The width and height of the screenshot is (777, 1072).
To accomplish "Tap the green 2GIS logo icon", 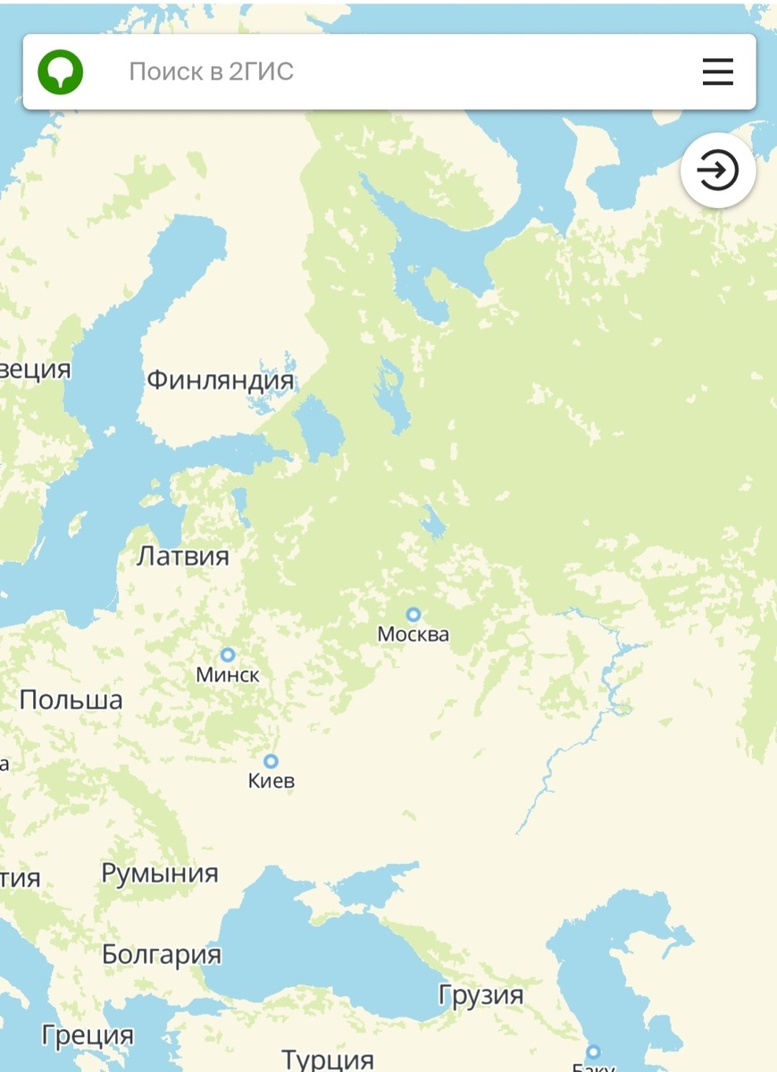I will click(x=61, y=71).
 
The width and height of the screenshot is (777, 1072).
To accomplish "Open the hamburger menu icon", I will click(x=717, y=71).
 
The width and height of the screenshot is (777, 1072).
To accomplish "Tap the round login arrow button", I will click(x=718, y=170).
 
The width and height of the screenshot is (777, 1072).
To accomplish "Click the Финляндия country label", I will click(x=220, y=381).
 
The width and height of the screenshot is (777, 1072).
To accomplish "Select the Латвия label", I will click(x=183, y=556).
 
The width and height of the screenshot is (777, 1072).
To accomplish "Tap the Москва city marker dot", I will click(x=414, y=615).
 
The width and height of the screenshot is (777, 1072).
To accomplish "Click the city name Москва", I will click(x=414, y=635).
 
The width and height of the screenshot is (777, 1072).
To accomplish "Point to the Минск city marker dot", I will click(x=228, y=655).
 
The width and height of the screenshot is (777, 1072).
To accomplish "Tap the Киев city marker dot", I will click(x=271, y=761).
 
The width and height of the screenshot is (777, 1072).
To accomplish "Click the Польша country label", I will click(x=71, y=699).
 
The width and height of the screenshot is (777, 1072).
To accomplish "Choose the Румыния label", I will click(x=160, y=873).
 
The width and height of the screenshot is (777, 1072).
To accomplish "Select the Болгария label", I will click(x=162, y=954).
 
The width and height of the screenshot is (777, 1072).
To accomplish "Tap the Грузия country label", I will click(x=480, y=995).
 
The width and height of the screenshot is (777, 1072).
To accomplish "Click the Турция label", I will click(x=328, y=1059).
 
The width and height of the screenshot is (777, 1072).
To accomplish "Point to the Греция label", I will click(x=88, y=1036).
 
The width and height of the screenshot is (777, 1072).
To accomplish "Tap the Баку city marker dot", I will click(x=593, y=1051).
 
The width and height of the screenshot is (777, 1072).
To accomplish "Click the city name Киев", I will click(x=271, y=782).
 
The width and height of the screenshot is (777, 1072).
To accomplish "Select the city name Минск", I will click(x=228, y=675).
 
